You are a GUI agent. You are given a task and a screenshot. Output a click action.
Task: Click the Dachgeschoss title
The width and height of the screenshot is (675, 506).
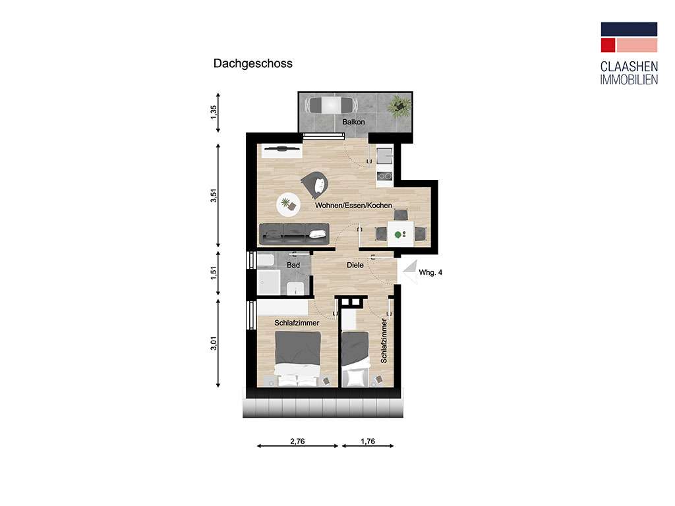[252, 64]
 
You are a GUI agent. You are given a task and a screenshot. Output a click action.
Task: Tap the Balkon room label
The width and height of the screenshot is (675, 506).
[353, 123]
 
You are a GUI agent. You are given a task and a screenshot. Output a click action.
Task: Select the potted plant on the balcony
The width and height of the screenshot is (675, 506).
[399, 105]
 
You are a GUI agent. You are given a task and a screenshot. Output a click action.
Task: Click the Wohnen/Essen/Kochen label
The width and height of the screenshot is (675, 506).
[353, 206]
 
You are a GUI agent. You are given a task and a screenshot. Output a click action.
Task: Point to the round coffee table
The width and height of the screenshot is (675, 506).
[287, 204]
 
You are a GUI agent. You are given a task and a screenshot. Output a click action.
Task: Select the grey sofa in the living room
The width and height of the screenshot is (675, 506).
[294, 232]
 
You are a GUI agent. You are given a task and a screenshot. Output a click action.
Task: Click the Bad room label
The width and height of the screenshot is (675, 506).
[293, 265]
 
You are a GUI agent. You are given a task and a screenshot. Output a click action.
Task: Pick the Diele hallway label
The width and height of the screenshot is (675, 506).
[356, 266]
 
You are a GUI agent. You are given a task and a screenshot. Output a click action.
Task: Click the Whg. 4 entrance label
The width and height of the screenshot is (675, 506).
[430, 271]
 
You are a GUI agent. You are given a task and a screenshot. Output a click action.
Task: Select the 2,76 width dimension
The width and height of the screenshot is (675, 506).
[298, 441]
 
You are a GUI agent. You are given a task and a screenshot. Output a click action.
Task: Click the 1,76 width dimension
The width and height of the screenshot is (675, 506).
[367, 441]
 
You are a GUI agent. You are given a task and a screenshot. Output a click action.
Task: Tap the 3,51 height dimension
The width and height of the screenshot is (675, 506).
[214, 196]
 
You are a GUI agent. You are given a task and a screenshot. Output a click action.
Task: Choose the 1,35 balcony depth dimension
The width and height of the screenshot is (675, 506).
[214, 112]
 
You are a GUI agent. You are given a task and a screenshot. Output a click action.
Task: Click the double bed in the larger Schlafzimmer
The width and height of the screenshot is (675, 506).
[298, 360]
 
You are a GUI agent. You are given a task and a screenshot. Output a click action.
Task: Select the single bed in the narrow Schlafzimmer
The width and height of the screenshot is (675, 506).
[356, 360]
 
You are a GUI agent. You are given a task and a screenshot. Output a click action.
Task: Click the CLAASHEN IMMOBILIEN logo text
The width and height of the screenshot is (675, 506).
[628, 73]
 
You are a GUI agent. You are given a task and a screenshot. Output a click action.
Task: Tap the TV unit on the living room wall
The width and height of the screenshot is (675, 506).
[281, 150]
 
